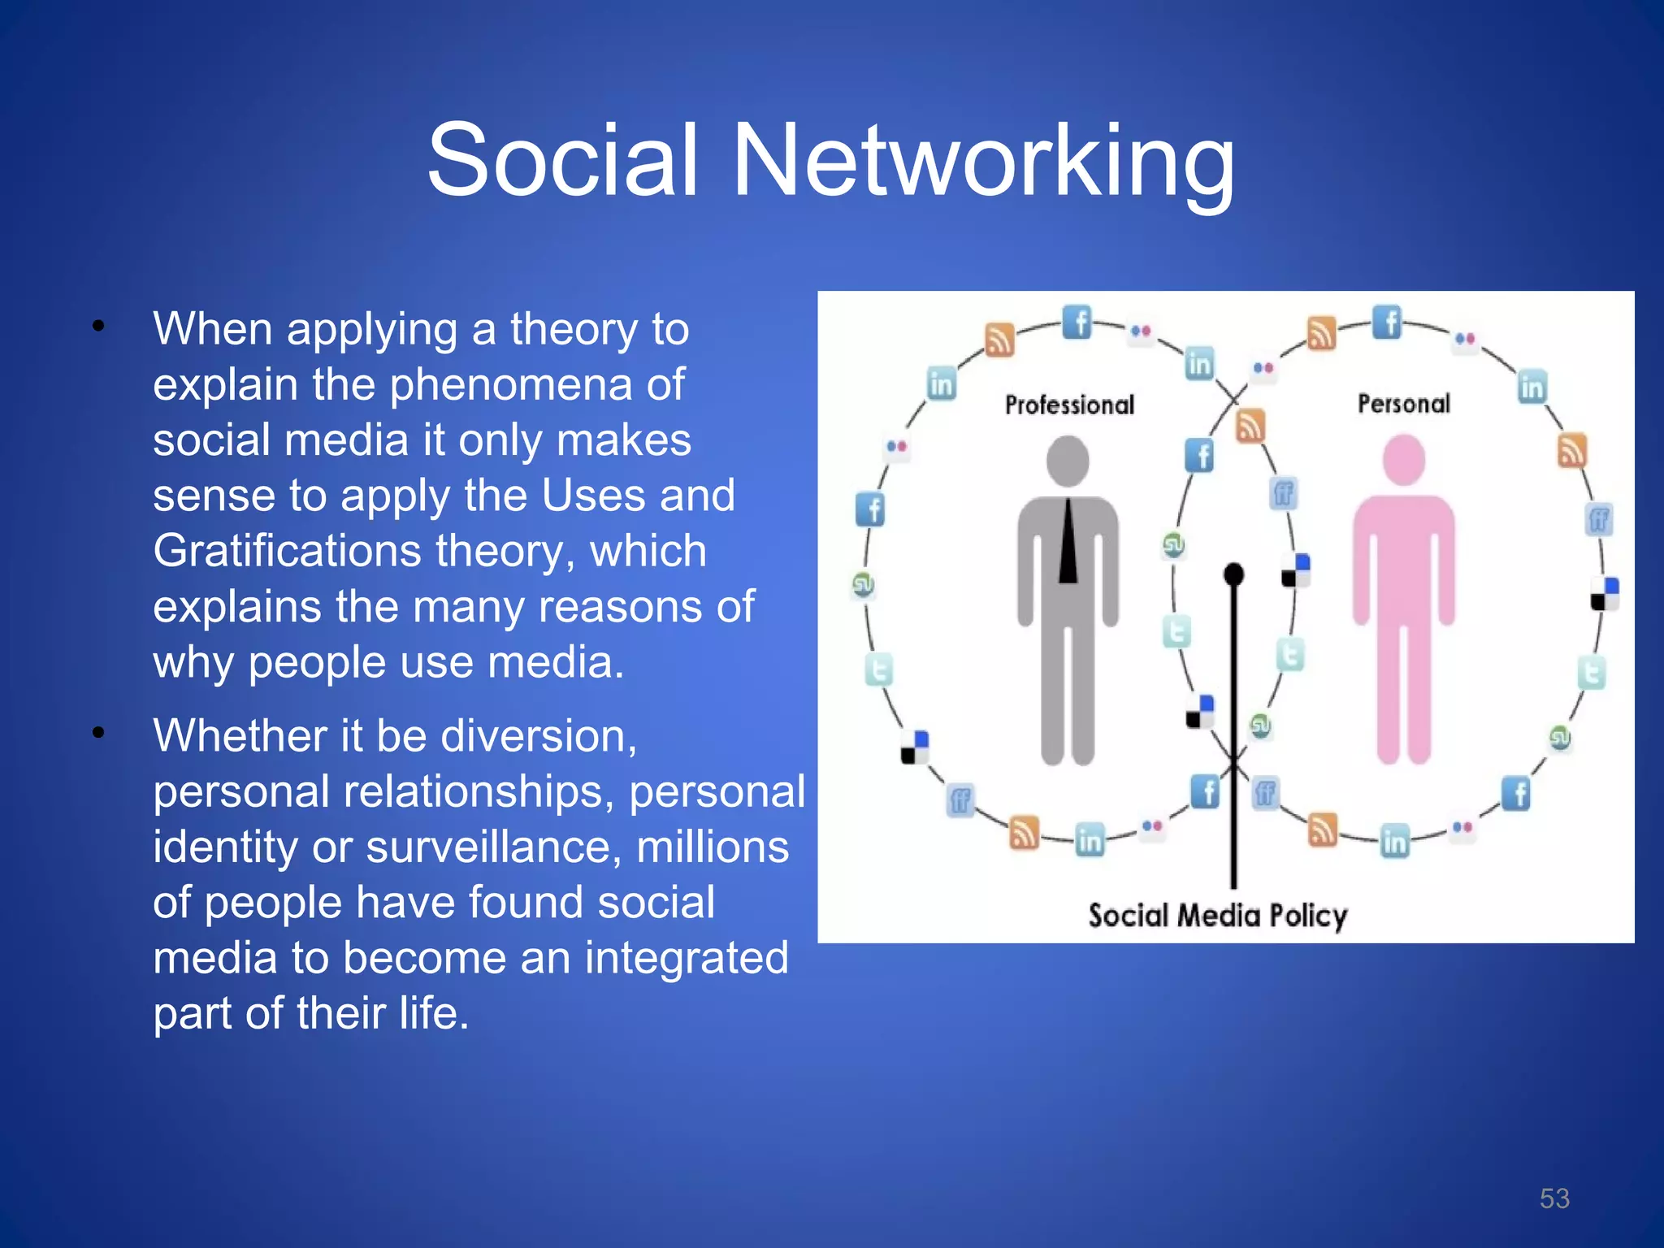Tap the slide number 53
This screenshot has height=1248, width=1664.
(1554, 1198)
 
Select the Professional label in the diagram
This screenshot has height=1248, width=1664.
(1069, 405)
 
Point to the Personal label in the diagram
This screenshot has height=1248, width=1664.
(1404, 403)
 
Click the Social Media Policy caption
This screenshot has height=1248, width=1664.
(1218, 916)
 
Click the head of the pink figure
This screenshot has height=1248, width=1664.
(1404, 460)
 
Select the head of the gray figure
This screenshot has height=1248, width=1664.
(1068, 461)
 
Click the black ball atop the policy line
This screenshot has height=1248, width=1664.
(1233, 574)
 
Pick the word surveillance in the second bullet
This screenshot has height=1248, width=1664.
(492, 847)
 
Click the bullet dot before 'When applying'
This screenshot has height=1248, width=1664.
(98, 327)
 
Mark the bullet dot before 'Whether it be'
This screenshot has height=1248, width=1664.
(98, 734)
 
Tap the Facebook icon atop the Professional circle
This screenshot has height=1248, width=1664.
(1077, 323)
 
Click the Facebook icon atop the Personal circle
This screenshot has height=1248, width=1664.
(1387, 322)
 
